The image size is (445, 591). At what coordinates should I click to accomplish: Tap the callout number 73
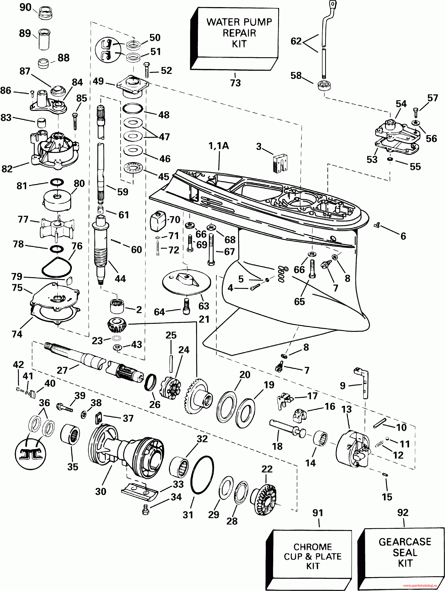tap(235, 83)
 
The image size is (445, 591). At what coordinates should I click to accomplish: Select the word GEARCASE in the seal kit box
tap(405, 542)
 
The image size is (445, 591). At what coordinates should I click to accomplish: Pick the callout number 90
tap(25, 7)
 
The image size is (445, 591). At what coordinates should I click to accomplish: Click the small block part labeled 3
tap(280, 162)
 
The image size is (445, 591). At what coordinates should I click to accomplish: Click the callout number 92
tap(403, 512)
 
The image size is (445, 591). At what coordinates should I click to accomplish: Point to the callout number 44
tap(120, 279)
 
